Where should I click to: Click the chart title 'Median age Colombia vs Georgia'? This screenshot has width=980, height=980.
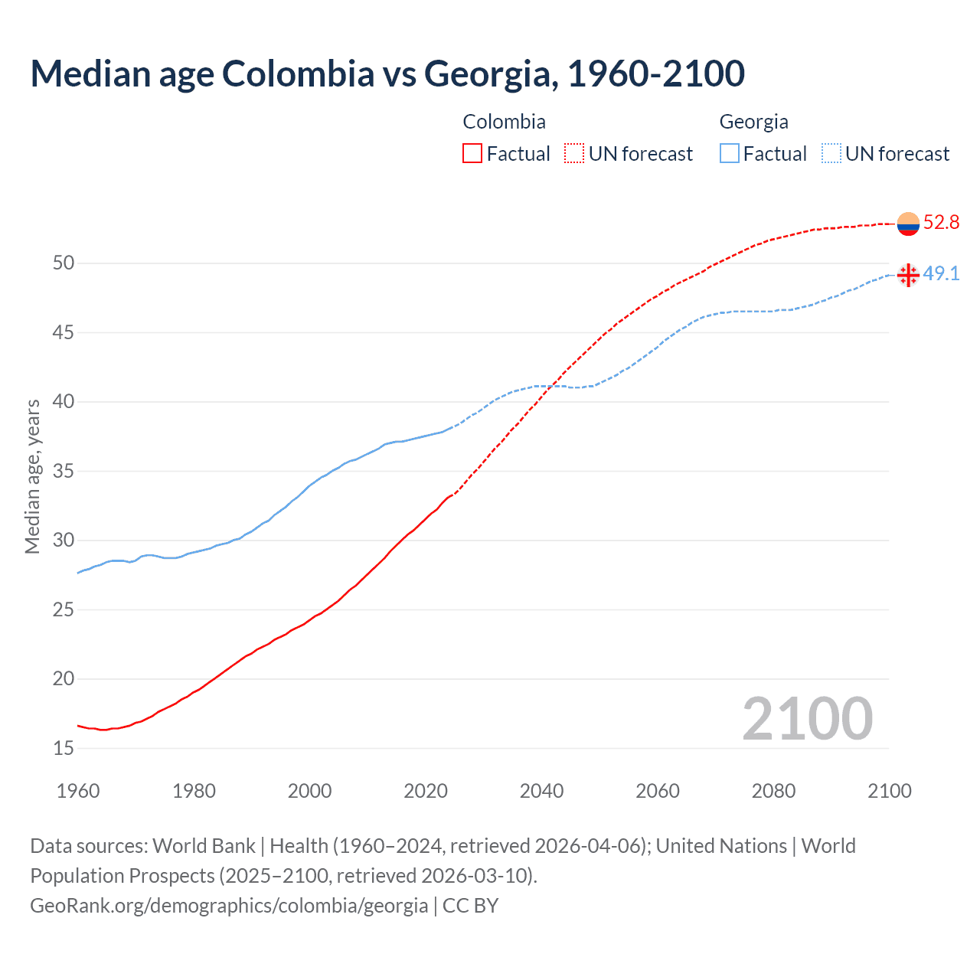[x=387, y=73]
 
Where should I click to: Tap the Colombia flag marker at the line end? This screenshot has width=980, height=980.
[x=908, y=224]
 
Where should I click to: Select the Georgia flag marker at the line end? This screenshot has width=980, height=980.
[x=908, y=275]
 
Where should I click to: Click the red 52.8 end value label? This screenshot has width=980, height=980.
[x=941, y=223]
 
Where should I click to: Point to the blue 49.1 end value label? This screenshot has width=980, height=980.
[x=941, y=274]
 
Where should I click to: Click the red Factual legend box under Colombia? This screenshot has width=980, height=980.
[x=472, y=154]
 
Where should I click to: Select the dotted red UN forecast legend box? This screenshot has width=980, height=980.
[x=574, y=154]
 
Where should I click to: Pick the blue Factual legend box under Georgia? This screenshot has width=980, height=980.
[x=730, y=154]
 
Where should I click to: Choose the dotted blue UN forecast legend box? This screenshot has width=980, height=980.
[x=831, y=154]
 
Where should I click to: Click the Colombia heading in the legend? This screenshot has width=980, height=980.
[x=504, y=122]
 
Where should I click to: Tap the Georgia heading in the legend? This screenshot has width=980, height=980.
[x=753, y=122]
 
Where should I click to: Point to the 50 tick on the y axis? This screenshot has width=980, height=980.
[x=64, y=263]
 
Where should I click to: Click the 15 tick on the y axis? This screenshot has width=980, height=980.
[x=64, y=748]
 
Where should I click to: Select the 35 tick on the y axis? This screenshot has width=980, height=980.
[x=64, y=471]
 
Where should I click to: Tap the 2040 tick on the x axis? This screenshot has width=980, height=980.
[x=541, y=791]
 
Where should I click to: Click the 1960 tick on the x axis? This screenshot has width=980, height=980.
[x=78, y=791]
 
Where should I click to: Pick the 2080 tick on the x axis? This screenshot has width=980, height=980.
[x=773, y=791]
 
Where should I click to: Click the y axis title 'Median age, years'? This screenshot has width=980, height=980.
[x=32, y=476]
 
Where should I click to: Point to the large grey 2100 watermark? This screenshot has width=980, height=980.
[x=807, y=719]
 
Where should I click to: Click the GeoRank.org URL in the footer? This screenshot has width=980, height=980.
[x=229, y=906]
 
